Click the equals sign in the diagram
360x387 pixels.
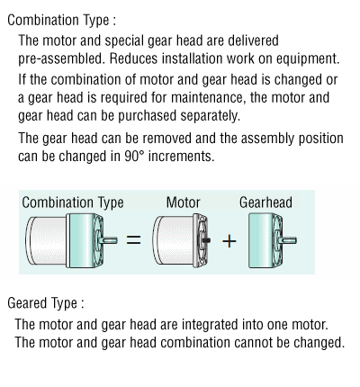133,239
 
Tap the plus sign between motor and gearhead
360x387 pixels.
229,241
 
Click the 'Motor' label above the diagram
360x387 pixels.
183,202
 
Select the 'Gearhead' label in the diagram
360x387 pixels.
265,202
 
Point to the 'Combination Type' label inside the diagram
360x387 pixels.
73,202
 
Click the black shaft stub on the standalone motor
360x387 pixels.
206,240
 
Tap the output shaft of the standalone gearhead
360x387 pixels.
288,240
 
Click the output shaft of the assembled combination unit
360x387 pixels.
109,240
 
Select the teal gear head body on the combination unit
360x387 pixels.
80,240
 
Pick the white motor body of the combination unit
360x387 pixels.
47,240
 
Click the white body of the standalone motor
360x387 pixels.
174,240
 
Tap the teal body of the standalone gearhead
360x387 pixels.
260,240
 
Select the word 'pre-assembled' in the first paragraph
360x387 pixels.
61,58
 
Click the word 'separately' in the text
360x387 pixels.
210,116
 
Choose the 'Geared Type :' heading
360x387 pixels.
46,303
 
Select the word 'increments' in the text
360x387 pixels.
181,156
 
